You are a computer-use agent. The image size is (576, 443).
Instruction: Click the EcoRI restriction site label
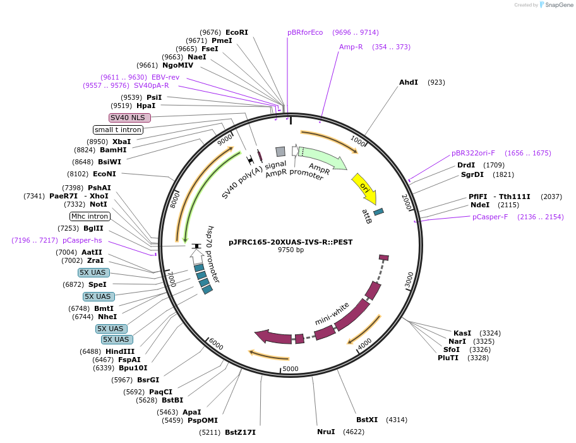tap(236, 32)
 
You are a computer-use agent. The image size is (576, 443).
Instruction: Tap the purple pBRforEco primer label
tap(305, 32)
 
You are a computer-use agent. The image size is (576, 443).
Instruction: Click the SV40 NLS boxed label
tap(129, 118)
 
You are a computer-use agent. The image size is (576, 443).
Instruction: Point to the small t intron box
tap(118, 130)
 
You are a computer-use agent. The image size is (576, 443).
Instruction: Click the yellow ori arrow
tap(364, 186)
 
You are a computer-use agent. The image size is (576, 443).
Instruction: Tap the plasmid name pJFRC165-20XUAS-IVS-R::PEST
tap(291, 241)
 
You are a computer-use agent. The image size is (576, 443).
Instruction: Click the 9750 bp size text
tap(291, 250)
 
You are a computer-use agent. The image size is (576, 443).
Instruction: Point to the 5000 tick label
tap(291, 368)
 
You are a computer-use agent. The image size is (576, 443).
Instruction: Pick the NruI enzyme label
tap(326, 432)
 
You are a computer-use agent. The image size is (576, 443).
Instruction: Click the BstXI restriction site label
tap(367, 419)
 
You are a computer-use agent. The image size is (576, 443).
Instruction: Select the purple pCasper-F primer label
tap(490, 217)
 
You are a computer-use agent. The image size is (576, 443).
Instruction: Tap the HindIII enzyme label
tap(119, 351)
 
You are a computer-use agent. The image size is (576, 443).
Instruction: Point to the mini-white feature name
tap(332, 314)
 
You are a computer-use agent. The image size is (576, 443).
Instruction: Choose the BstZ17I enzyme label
tap(240, 432)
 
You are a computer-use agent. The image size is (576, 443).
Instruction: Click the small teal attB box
tap(378, 212)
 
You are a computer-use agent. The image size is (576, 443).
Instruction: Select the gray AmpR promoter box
tap(280, 151)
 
